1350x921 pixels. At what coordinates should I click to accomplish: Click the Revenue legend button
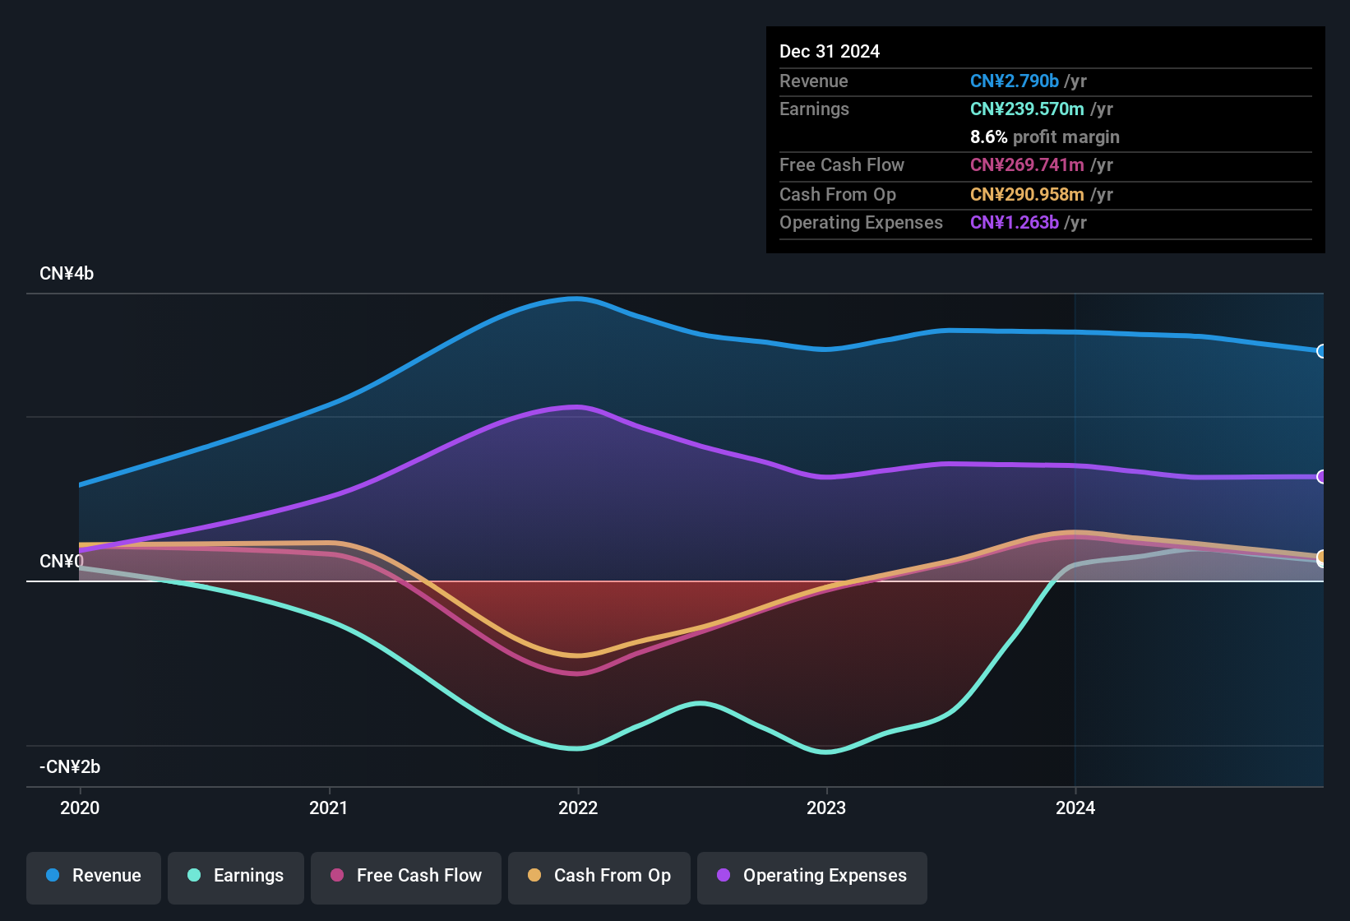[x=94, y=876]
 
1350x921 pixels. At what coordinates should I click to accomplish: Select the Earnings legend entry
[x=236, y=876]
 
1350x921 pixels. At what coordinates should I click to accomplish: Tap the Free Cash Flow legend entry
[x=406, y=876]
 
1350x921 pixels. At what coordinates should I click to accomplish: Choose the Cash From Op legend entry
[x=599, y=876]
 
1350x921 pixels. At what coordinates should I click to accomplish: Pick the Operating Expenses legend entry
[x=812, y=876]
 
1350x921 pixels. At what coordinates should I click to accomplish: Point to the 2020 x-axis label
[x=80, y=808]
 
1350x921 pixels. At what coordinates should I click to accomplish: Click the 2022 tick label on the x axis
[x=578, y=808]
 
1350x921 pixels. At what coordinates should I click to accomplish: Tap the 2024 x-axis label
[x=1075, y=808]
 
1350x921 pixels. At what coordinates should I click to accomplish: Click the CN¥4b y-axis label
[x=67, y=274]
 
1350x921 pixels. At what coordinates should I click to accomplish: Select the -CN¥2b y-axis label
[x=70, y=767]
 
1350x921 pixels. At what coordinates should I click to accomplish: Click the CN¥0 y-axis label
[x=61, y=562]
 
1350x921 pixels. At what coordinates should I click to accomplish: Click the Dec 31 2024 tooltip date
[x=829, y=51]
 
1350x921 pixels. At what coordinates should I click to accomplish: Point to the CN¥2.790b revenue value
[x=1014, y=81]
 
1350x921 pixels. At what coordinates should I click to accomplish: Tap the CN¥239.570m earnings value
[x=1027, y=109]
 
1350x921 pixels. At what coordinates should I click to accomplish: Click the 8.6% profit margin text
[x=1044, y=137]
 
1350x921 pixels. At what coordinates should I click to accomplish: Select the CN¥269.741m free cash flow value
[x=1027, y=164]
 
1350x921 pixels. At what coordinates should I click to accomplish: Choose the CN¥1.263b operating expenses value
[x=1014, y=222]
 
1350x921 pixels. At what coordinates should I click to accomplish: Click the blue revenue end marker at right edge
[x=1321, y=351]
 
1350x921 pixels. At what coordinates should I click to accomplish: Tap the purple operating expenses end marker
[x=1321, y=477]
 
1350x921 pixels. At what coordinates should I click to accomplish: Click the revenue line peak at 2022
[x=578, y=299]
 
